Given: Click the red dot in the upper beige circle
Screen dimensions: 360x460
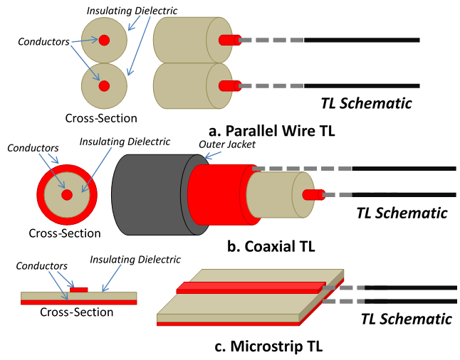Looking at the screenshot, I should click(x=104, y=40).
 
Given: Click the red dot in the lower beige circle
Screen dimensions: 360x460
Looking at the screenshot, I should click(x=104, y=86).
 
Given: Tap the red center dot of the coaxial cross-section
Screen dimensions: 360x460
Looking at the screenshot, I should click(x=67, y=195).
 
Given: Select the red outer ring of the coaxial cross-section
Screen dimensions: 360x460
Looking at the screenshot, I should click(x=41, y=195).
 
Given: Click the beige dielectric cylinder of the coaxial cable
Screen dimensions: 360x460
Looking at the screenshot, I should click(x=274, y=195).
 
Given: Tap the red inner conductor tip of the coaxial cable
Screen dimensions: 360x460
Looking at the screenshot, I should click(x=312, y=195).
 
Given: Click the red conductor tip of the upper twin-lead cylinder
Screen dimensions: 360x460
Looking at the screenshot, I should click(x=228, y=40).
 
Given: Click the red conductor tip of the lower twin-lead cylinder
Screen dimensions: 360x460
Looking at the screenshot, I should click(x=228, y=86).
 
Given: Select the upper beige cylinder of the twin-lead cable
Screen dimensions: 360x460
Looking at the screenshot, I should click(x=182, y=40).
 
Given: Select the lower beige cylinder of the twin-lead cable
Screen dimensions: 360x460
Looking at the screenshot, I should click(x=182, y=86).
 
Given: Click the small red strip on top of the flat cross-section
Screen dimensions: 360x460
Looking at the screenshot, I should click(x=79, y=290).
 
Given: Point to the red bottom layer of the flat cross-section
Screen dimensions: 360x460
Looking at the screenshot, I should click(x=78, y=302).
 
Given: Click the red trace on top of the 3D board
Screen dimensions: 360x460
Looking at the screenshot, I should click(x=249, y=287).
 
